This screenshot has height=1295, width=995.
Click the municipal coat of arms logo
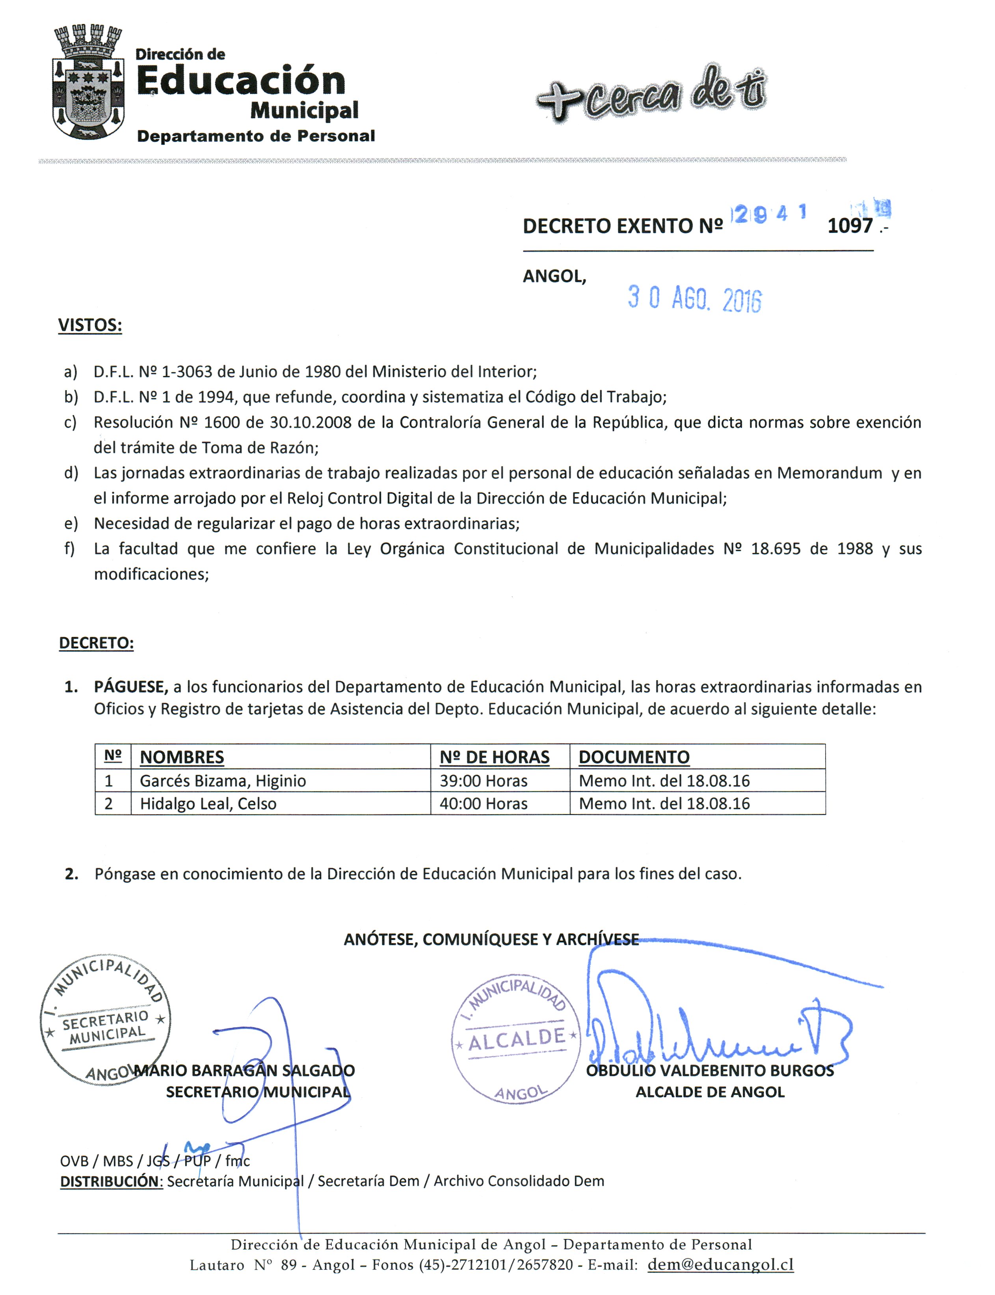[89, 83]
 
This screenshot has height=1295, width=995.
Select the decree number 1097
[850, 226]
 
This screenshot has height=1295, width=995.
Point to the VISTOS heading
[90, 325]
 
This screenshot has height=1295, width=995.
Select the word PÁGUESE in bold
[131, 687]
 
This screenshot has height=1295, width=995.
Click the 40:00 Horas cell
[483, 804]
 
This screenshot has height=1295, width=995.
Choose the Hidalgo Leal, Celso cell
[208, 804]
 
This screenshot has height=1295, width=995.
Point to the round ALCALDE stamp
[516, 1038]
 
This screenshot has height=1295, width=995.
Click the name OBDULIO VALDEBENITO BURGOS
[710, 1070]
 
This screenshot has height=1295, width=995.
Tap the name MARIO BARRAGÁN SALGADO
[245, 1070]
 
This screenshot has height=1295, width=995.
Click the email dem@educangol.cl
[720, 1264]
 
